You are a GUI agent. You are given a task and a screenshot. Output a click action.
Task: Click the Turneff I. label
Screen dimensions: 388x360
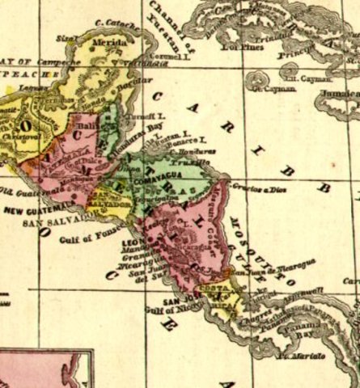point(151,116)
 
